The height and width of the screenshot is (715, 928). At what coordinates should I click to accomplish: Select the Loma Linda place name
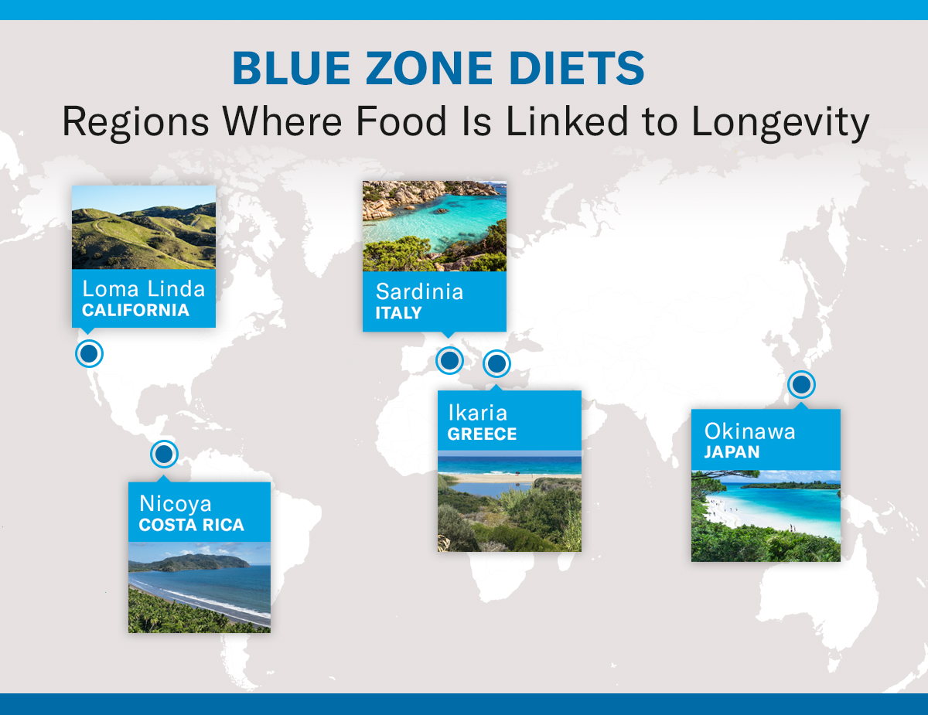click(144, 289)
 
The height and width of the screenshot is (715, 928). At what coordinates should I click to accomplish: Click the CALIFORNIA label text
click(136, 311)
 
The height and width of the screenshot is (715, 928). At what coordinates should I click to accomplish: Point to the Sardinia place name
click(420, 291)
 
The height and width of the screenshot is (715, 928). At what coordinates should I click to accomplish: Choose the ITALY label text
click(399, 313)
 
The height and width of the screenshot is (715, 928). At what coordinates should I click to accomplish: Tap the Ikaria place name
click(477, 412)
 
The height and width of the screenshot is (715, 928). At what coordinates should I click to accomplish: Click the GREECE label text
click(483, 434)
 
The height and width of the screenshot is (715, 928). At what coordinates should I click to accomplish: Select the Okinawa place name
click(749, 431)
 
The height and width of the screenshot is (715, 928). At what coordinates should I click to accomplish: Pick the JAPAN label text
click(732, 452)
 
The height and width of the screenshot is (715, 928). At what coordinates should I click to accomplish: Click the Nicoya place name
click(176, 503)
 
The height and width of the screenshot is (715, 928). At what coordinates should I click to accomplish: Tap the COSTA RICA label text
click(192, 525)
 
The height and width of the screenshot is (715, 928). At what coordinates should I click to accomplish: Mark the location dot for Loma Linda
click(89, 353)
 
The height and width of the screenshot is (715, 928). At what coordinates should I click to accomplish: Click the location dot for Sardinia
click(449, 360)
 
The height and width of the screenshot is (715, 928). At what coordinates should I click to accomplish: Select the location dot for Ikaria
click(496, 363)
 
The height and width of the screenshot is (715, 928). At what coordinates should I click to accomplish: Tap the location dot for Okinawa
click(802, 384)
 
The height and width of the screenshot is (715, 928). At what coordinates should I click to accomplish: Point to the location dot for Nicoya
click(164, 454)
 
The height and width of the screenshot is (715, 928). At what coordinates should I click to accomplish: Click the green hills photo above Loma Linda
click(144, 227)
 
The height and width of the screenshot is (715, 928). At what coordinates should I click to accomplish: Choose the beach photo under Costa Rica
click(200, 587)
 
